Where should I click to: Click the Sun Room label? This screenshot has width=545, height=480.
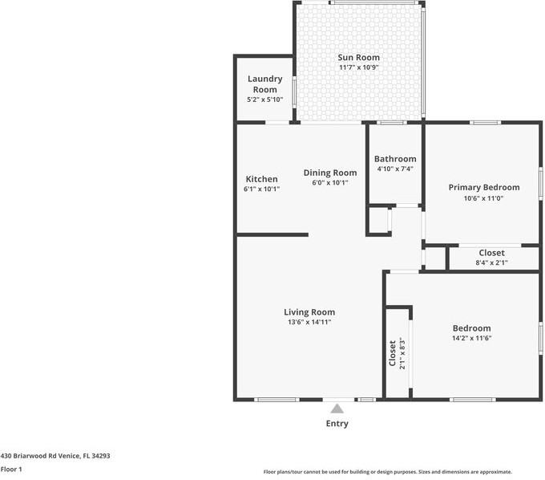(358, 57)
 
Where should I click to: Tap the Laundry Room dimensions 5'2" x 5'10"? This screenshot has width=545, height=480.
(264, 100)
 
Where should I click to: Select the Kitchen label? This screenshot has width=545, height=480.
(261, 179)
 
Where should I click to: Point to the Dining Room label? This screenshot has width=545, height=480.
(329, 173)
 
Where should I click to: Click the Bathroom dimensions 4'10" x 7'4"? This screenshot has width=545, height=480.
(395, 169)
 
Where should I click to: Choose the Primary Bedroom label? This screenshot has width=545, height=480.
(483, 187)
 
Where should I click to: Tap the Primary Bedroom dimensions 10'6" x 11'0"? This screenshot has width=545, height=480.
(483, 198)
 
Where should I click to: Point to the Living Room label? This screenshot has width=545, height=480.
(309, 311)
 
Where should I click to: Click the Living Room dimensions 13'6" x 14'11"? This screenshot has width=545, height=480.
(309, 322)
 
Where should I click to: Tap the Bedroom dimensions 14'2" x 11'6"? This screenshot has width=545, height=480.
(471, 339)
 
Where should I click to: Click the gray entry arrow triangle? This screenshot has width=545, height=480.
(337, 409)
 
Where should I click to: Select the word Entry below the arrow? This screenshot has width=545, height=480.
(337, 424)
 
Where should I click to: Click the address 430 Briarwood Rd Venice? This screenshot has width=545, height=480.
(54, 455)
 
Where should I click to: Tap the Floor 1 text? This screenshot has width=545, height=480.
(11, 469)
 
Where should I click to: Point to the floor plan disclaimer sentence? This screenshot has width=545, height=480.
(387, 472)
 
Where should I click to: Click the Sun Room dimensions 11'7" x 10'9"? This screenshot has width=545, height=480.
(358, 68)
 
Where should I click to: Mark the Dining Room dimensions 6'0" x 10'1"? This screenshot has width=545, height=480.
(329, 183)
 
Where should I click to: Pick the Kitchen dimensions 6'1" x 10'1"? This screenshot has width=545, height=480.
(261, 189)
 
